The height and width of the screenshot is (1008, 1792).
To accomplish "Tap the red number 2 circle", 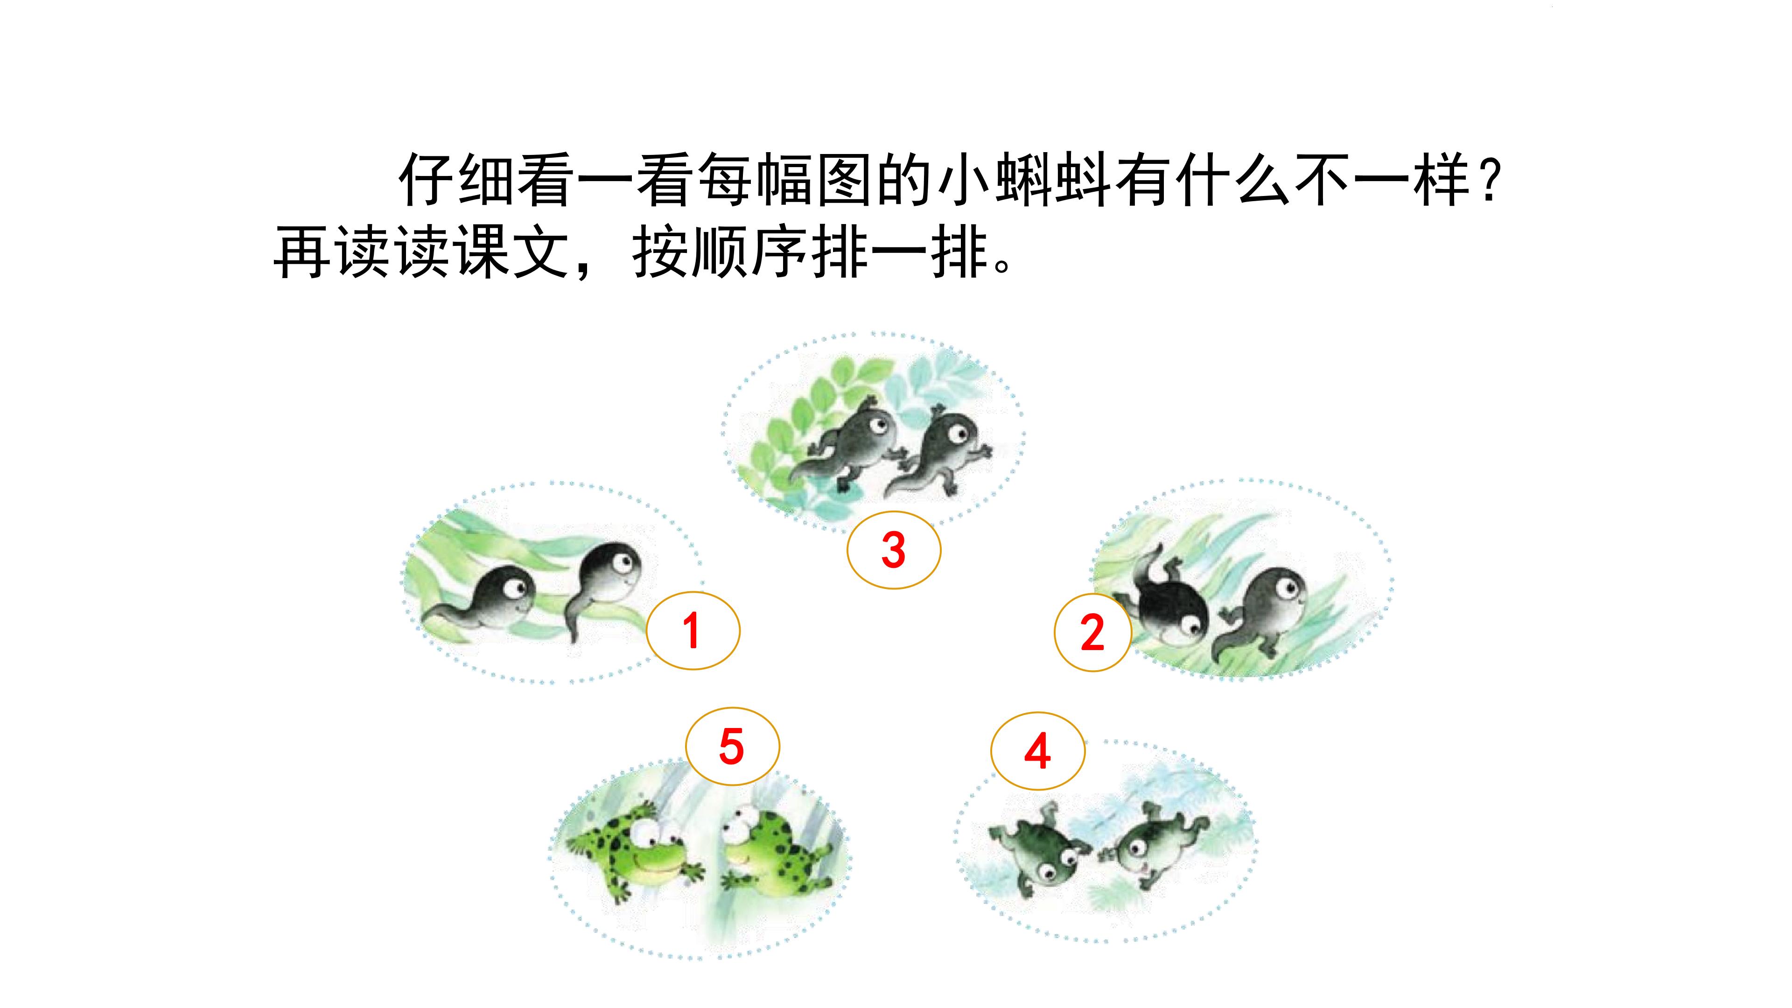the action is click(x=1093, y=632).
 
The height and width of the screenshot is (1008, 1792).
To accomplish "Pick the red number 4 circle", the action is click(x=1037, y=750).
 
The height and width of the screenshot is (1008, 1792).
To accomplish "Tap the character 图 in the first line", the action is click(x=843, y=180).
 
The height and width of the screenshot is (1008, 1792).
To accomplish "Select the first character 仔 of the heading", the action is click(x=426, y=180).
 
